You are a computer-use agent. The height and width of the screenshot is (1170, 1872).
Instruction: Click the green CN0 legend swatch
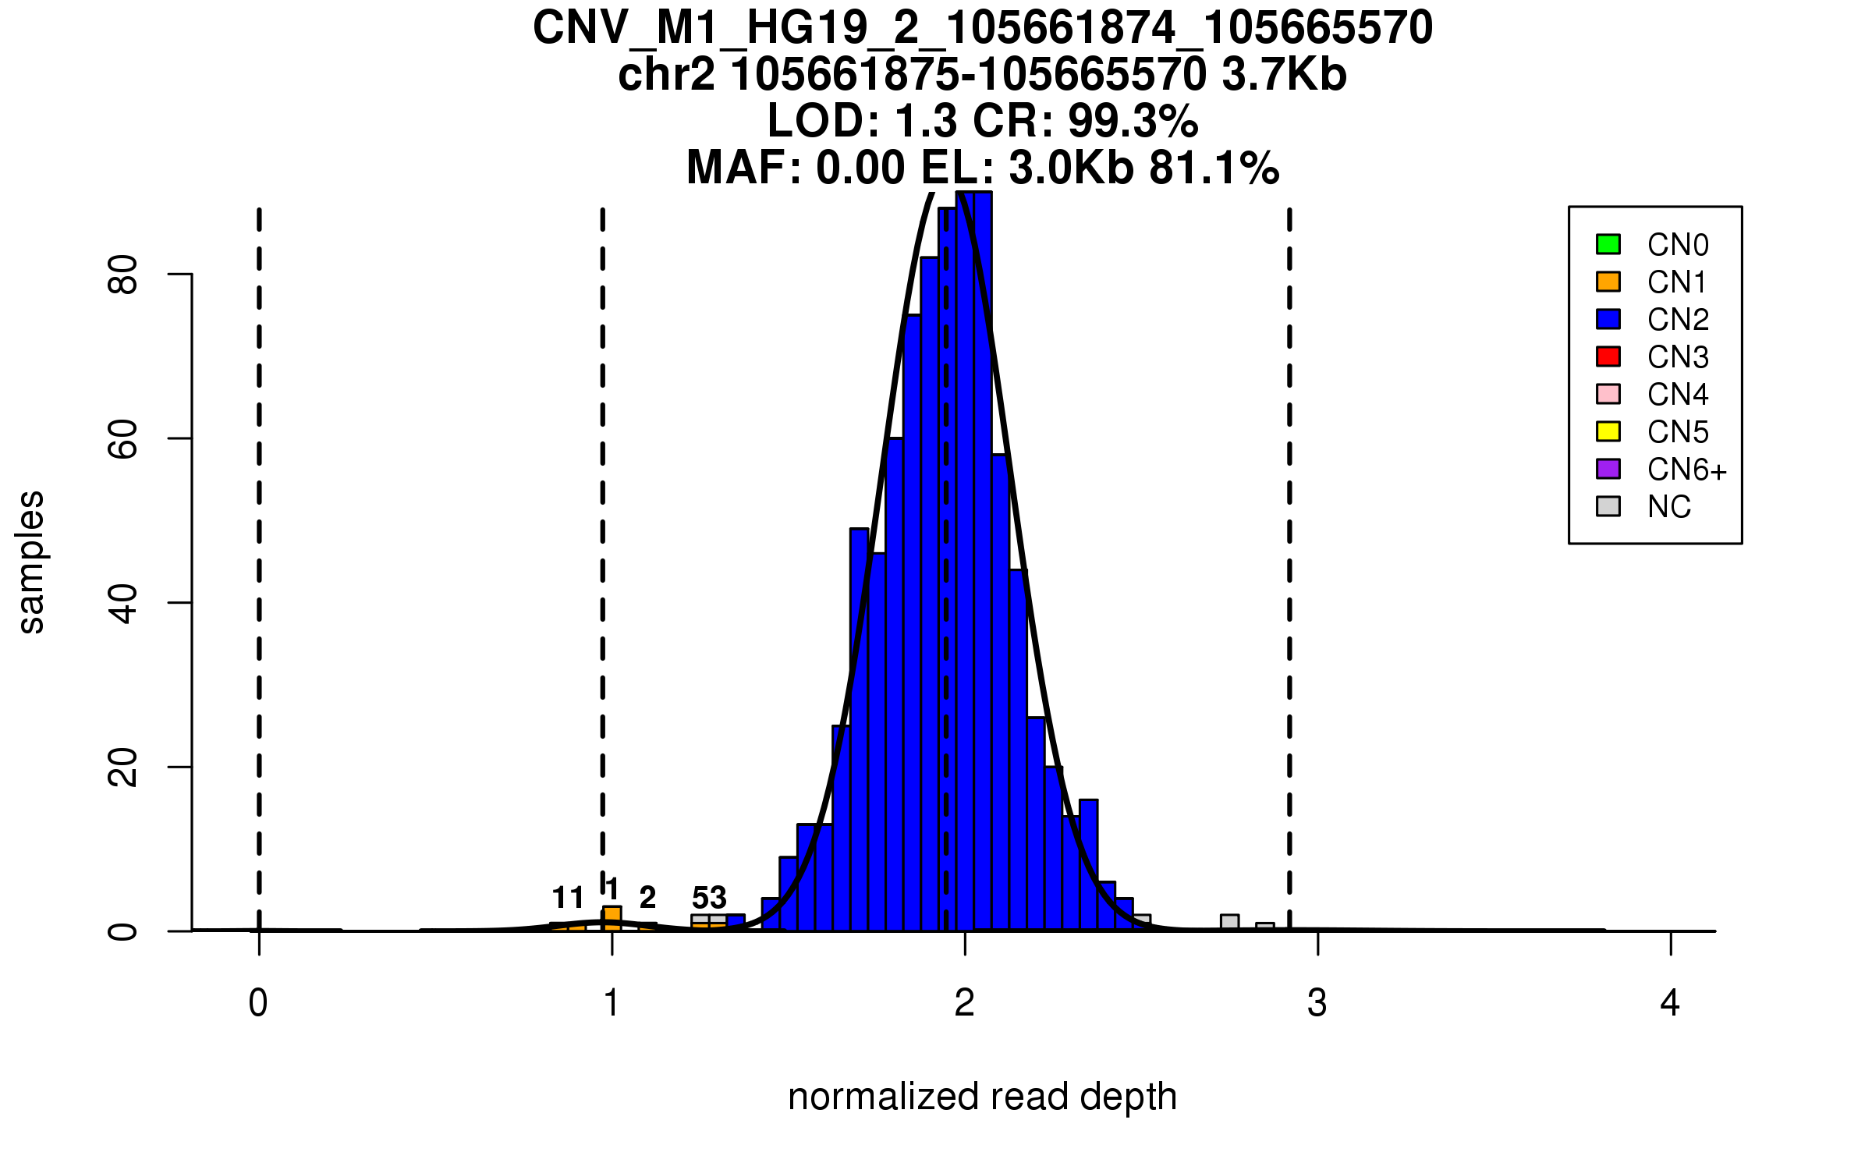click(x=1608, y=244)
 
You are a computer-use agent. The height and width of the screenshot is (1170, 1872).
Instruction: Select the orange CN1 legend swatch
click(x=1608, y=282)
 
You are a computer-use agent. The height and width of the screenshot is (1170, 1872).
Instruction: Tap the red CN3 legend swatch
click(x=1608, y=356)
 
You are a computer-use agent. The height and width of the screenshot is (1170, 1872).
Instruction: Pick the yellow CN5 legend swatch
click(x=1608, y=431)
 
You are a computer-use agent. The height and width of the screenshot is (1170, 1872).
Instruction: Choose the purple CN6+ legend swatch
click(x=1608, y=469)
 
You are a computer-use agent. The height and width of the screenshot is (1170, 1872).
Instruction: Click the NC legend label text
click(x=1668, y=507)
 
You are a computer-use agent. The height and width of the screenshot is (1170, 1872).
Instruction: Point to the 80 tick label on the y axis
click(x=123, y=275)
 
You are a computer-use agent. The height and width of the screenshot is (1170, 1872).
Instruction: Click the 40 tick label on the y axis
click(x=123, y=603)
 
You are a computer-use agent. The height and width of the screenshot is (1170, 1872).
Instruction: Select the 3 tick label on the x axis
click(x=1317, y=1003)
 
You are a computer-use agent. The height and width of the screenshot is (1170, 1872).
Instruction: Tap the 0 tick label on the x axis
click(x=258, y=1003)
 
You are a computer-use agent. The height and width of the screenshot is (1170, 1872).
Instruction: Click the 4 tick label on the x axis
click(x=1670, y=1003)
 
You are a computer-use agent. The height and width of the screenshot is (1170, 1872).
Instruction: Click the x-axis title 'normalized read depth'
click(x=982, y=1097)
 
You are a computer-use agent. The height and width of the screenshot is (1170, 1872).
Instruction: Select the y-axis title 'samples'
click(x=31, y=562)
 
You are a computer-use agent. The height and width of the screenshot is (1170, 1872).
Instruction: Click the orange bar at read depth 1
click(x=612, y=918)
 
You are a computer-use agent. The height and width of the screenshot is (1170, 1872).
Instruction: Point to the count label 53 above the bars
click(x=709, y=898)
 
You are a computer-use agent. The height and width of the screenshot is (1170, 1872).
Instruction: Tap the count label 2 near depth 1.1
click(x=647, y=898)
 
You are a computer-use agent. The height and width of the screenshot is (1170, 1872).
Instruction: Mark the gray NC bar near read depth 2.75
click(x=1229, y=923)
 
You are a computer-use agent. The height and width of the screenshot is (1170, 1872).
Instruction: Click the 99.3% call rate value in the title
click(x=1133, y=122)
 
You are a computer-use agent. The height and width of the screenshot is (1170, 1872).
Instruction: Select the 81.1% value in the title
click(x=1214, y=168)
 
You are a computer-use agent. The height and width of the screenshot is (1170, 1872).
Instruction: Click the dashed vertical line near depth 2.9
click(x=1289, y=546)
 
